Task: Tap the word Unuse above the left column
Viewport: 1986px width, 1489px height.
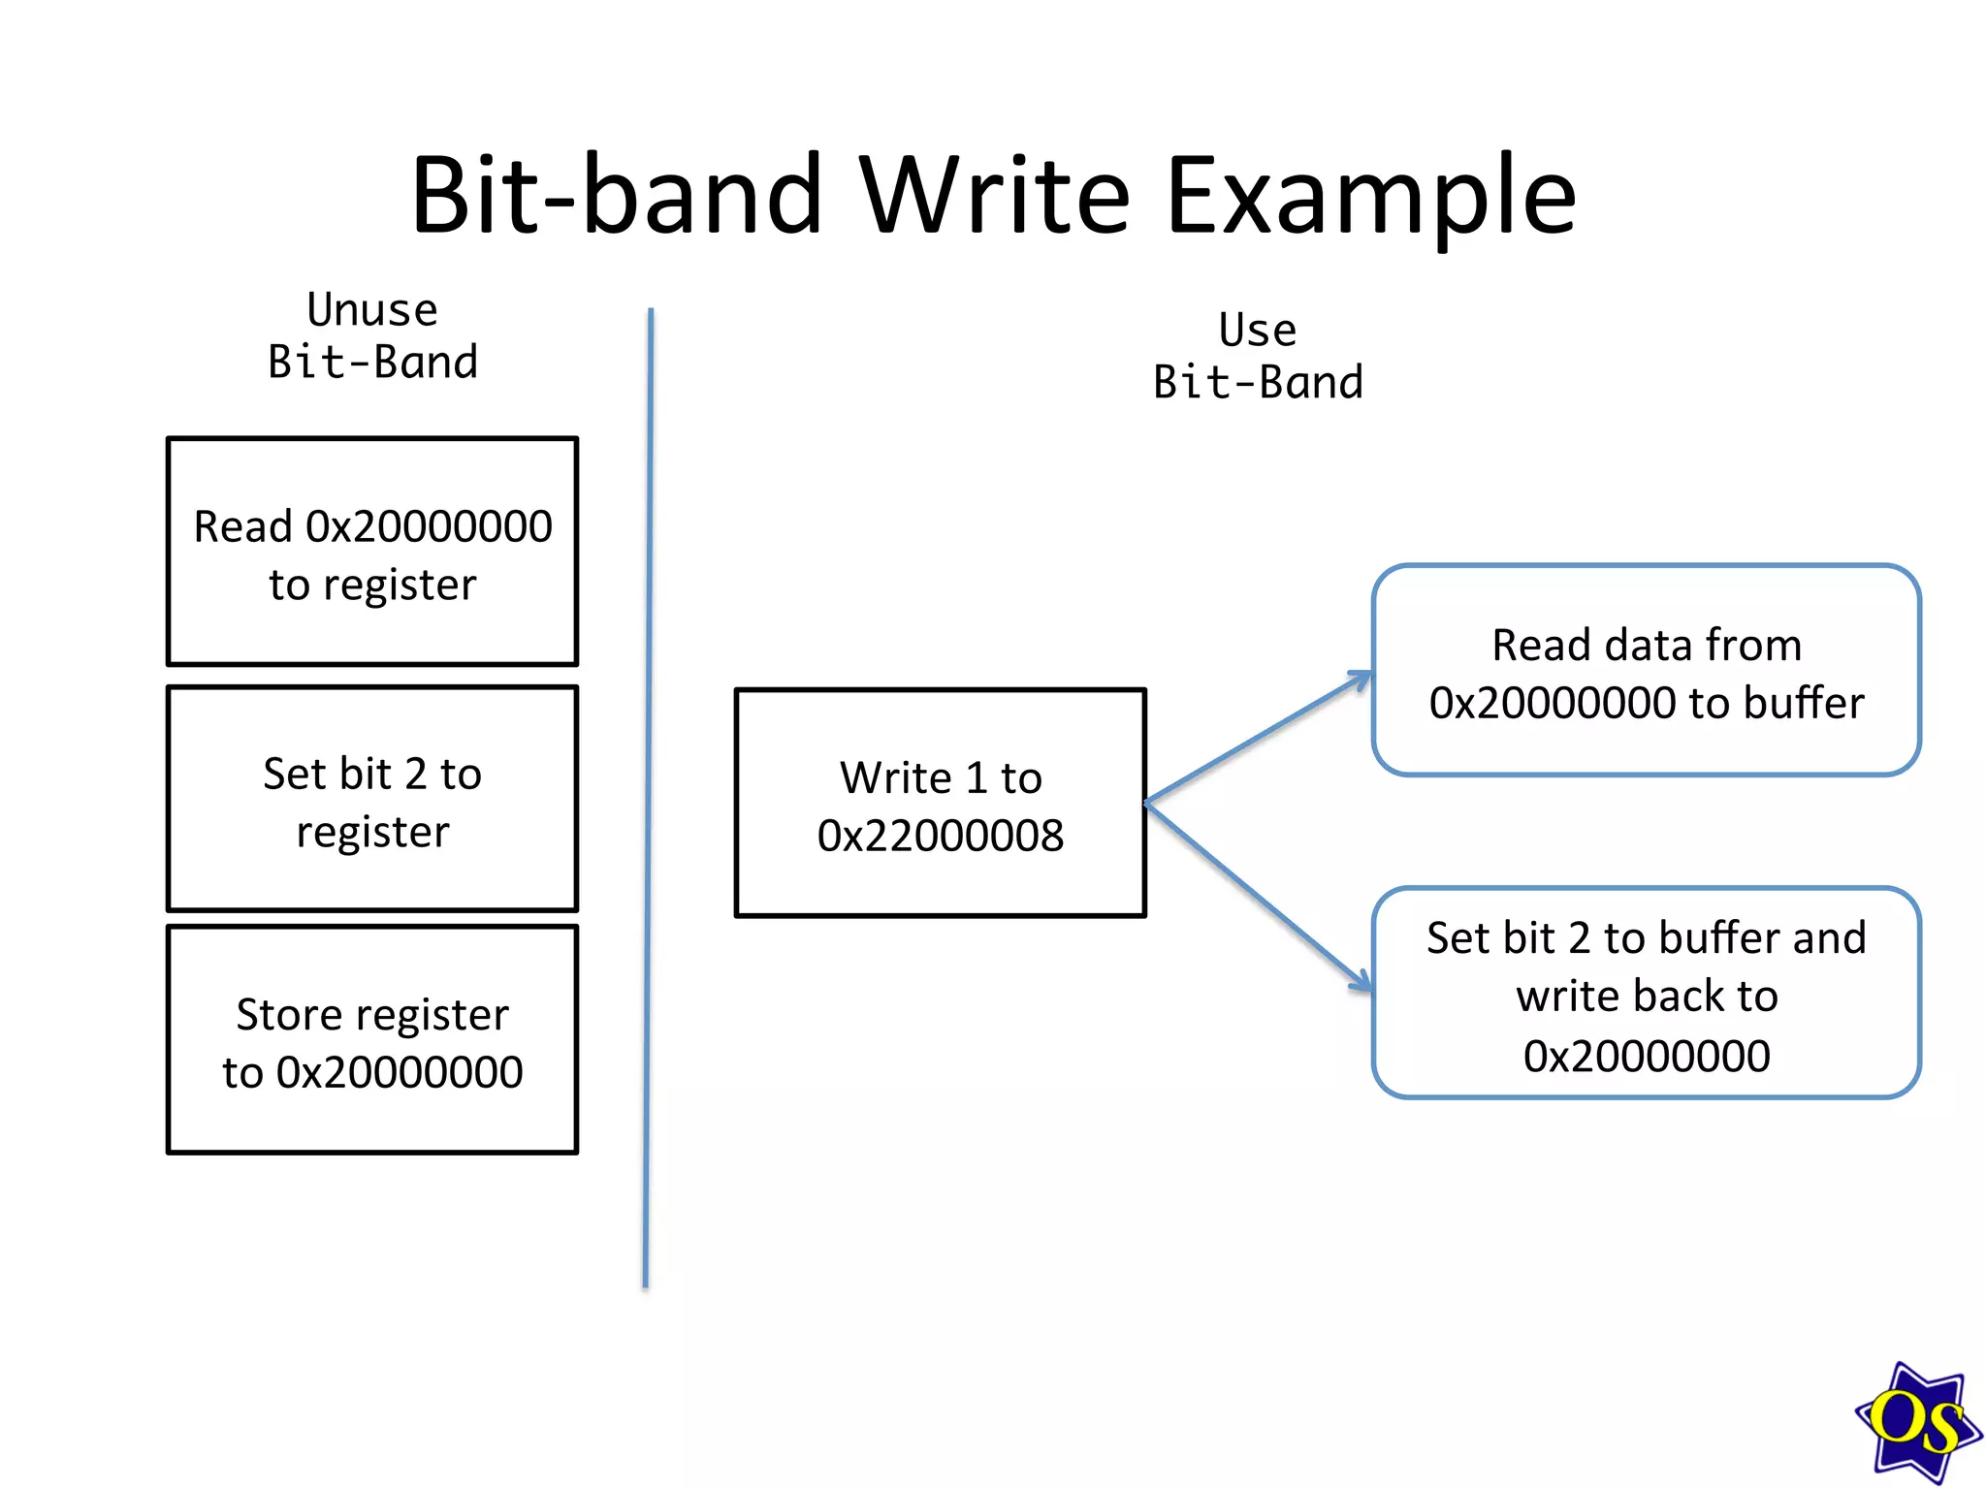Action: point(372,310)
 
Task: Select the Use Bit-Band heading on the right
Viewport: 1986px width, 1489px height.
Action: point(1258,357)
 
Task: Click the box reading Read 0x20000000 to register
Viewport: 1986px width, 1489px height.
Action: point(372,552)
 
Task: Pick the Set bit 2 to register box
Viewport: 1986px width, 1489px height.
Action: point(372,799)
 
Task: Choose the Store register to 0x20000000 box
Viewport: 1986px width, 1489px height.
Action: point(372,1040)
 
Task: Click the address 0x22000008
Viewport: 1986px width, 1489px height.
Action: point(940,836)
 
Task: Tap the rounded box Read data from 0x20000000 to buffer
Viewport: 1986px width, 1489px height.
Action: point(1646,671)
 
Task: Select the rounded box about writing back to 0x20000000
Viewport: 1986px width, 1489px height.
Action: point(1646,994)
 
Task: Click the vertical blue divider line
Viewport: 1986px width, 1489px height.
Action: point(648,795)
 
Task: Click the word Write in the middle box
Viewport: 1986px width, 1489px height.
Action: point(896,778)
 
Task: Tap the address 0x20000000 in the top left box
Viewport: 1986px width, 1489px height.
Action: point(429,527)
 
